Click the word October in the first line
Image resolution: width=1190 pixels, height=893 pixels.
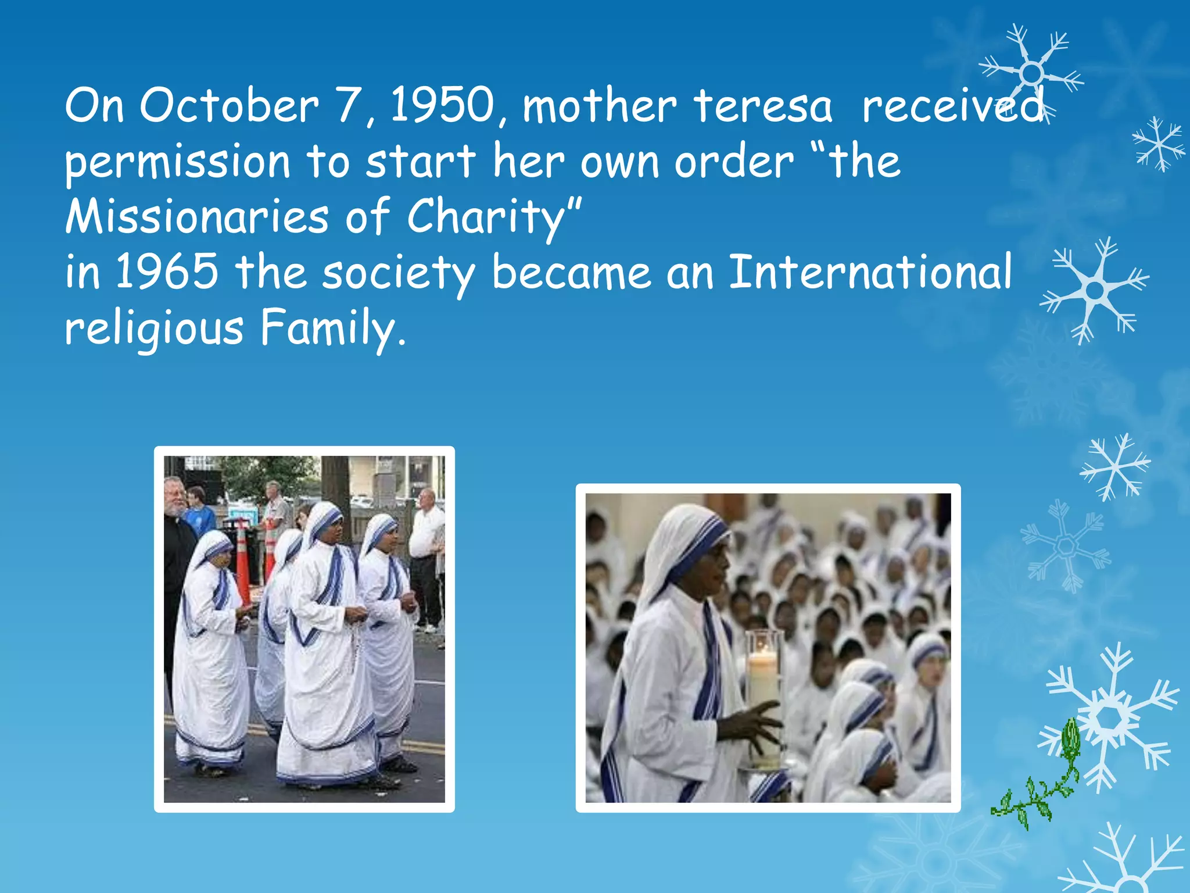pos(229,106)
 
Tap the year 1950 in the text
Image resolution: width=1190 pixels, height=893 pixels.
pos(442,106)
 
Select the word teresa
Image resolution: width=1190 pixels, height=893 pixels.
pos(763,106)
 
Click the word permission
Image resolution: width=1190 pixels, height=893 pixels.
pos(177,162)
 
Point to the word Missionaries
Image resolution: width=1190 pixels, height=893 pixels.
pos(197,216)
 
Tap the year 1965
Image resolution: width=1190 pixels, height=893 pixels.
pos(167,272)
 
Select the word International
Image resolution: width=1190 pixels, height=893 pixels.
pos(870,272)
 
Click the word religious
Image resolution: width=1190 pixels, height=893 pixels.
pos(154,328)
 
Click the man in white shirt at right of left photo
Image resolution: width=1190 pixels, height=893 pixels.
pos(428,558)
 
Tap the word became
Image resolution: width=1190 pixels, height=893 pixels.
pos(571,272)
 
